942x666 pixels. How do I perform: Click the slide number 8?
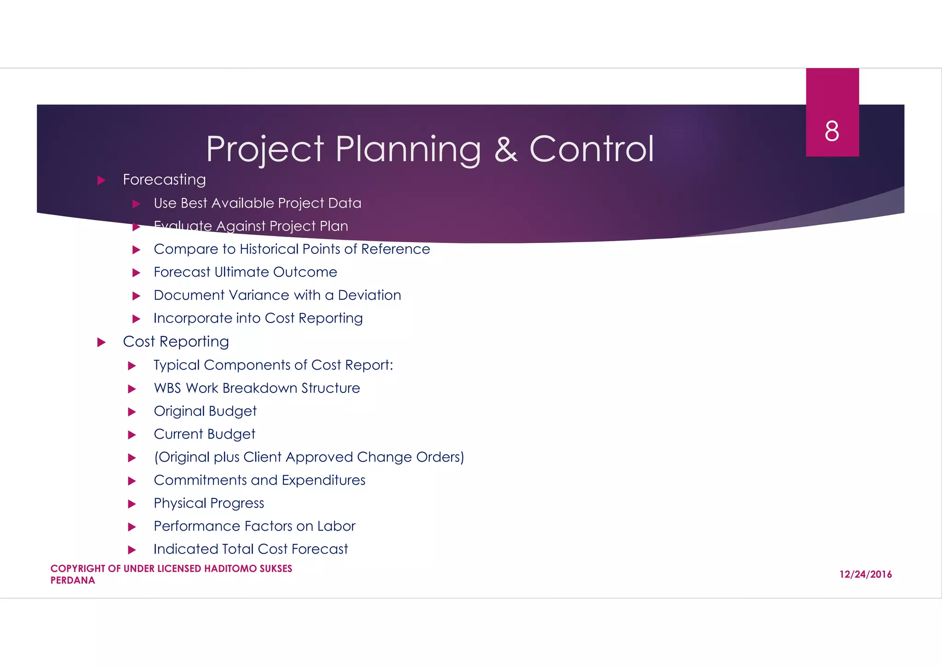[832, 131]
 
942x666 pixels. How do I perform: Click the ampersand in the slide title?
[505, 149]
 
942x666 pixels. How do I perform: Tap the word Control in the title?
[592, 149]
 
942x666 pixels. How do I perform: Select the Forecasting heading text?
[164, 180]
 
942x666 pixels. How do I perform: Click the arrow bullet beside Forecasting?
[102, 180]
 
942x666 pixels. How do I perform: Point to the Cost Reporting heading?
[176, 342]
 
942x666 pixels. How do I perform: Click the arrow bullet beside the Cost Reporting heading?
[102, 342]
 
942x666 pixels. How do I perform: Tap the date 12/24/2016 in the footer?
[865, 574]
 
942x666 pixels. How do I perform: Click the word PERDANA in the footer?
[73, 580]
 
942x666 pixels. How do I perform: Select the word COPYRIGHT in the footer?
[78, 568]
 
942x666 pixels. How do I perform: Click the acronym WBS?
[167, 388]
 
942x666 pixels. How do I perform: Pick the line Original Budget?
[205, 411]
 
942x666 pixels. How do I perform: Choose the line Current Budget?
[204, 434]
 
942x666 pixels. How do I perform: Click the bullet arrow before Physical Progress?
[132, 504]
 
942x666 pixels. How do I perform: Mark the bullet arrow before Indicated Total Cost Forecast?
[132, 550]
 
